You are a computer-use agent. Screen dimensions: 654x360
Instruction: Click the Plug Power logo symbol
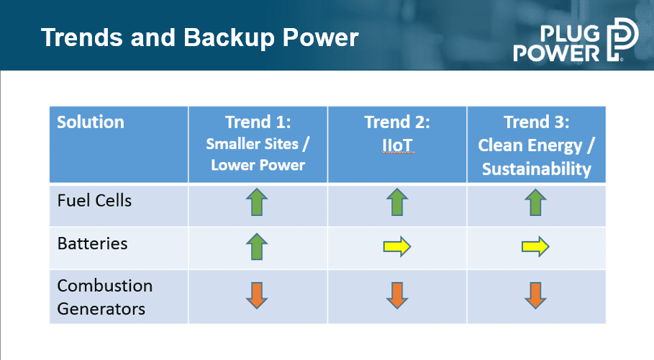[x=622, y=39]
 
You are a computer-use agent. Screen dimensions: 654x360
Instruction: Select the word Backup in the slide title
[x=229, y=37]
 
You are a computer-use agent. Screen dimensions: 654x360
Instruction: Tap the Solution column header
[x=91, y=122]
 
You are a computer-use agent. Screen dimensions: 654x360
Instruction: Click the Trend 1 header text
[x=258, y=122]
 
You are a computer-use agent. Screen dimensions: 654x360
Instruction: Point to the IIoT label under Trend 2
[x=397, y=145]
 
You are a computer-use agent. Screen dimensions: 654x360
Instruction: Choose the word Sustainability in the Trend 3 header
[x=537, y=169]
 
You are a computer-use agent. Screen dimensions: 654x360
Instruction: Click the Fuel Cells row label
[x=94, y=200]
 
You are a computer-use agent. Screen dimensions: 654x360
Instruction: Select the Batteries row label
[x=92, y=243]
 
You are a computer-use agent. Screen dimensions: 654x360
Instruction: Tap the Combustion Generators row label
[x=105, y=297]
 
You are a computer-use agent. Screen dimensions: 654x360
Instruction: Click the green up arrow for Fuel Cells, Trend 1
[x=257, y=202]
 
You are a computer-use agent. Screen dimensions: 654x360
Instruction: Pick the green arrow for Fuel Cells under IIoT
[x=397, y=202]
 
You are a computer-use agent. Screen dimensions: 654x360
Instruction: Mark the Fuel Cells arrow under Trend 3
[x=535, y=202]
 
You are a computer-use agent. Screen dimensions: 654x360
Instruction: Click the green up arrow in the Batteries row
[x=257, y=246]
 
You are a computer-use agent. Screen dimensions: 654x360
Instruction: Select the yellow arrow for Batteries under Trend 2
[x=397, y=246]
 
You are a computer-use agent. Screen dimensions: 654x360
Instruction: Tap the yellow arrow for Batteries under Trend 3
[x=535, y=246]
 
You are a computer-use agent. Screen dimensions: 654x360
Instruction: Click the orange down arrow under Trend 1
[x=257, y=295]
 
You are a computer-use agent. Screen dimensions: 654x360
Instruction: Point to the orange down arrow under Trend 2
[x=397, y=295]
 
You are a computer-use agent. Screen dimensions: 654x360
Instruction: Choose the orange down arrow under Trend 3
[x=535, y=295]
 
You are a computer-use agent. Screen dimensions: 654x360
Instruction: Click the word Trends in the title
[x=82, y=37]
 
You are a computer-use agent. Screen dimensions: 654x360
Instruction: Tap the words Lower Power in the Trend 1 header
[x=258, y=165]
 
